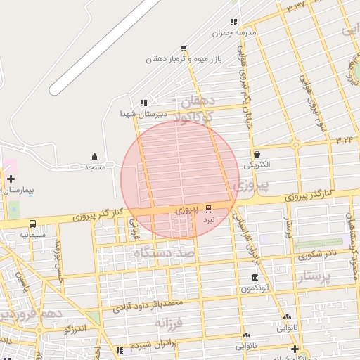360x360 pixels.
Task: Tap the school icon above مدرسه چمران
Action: click(233, 22)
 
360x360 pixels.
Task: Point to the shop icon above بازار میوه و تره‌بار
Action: click(184, 49)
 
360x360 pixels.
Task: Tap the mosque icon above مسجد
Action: click(94, 157)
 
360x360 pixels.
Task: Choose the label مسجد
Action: click(94, 167)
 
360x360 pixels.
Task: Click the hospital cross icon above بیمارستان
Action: click(11, 179)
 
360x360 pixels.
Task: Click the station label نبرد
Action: click(208, 219)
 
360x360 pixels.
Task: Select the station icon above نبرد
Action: click(208, 209)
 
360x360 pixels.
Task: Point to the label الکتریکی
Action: click(257, 165)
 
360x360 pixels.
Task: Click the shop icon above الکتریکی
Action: click(257, 155)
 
